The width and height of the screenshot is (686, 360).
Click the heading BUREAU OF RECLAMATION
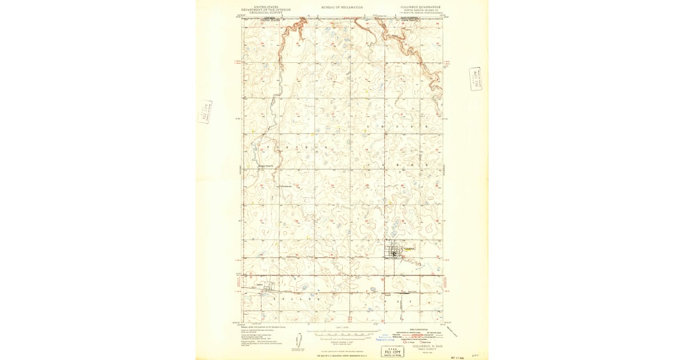pos(342,7)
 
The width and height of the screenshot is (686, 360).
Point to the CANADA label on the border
pos(269,18)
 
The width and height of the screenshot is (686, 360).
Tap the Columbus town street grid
pos(394,251)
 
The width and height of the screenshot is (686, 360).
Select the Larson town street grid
pos(267,290)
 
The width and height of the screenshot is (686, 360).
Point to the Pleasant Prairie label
pos(266,166)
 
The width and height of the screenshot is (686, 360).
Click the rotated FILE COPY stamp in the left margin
pos(205,111)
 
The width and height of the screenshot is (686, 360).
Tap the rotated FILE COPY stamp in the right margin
pos(476,79)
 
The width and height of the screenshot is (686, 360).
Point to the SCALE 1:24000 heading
pos(342,327)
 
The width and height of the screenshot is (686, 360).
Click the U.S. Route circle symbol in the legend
pos(405,342)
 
